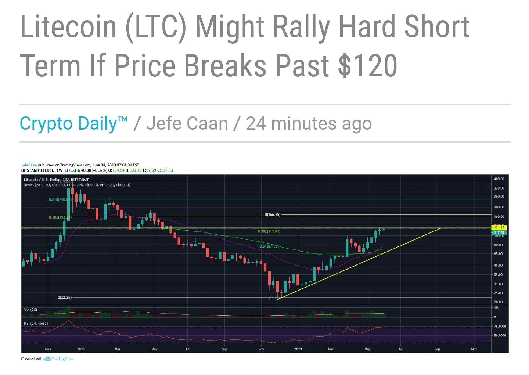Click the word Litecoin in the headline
pos(68,26)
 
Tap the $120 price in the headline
pos(367,65)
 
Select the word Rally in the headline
pos(299,26)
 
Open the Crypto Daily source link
pos(73,123)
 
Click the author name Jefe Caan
pos(187,123)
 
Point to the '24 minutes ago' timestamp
pos(309,123)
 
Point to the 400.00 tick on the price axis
pos(499,179)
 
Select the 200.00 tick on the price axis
pos(499,207)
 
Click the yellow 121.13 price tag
pos(499,228)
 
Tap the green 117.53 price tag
pos(499,233)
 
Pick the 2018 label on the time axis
pos(81,349)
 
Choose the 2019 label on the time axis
pos(298,349)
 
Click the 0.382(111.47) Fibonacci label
pos(269,231)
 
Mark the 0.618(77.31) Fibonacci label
pos(270,246)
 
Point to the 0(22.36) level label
pos(65,297)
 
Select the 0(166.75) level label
pos(273,214)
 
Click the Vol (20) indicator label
pos(30,310)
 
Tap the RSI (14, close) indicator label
pos(36,324)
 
